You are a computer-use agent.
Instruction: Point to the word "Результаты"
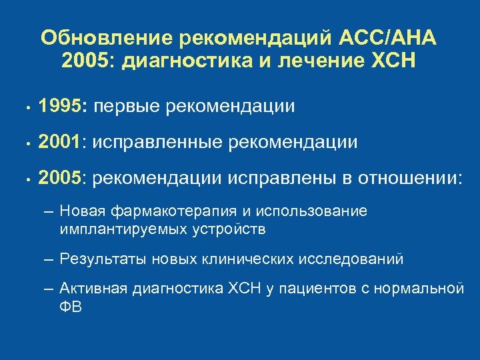tap(103, 259)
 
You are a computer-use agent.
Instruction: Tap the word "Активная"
tap(93, 289)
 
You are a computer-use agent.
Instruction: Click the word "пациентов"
tap(312, 289)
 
